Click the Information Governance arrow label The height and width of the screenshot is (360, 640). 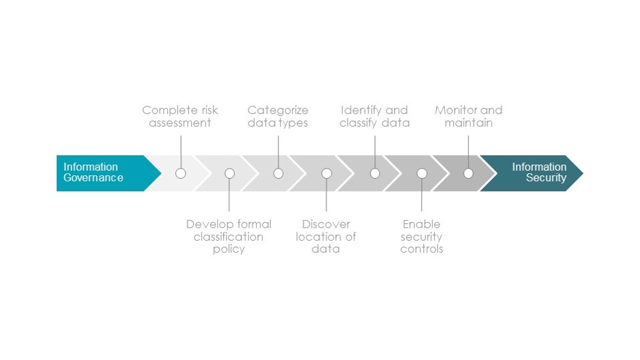pyautogui.click(x=93, y=173)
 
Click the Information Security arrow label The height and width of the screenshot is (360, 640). pyautogui.click(x=539, y=173)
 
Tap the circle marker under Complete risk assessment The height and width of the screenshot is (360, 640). pyautogui.click(x=181, y=173)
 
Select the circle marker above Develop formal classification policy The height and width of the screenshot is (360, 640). pyautogui.click(x=230, y=173)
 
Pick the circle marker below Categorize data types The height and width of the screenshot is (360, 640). pyautogui.click(x=278, y=173)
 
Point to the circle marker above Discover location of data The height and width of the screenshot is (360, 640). pyautogui.click(x=326, y=173)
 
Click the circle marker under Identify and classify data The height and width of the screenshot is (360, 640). pyautogui.click(x=375, y=173)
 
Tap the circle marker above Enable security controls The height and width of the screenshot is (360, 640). pyautogui.click(x=422, y=173)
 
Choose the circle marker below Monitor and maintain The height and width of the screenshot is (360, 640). pyautogui.click(x=468, y=173)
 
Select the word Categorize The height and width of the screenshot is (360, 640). pyautogui.click(x=278, y=110)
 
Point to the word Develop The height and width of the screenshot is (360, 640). pyautogui.click(x=205, y=224)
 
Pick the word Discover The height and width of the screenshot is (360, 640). pyautogui.click(x=326, y=224)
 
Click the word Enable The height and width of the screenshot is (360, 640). pyautogui.click(x=421, y=224)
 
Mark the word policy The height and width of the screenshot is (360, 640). pyautogui.click(x=229, y=250)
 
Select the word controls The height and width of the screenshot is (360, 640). pyautogui.click(x=421, y=249)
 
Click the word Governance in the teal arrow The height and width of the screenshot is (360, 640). pyautogui.click(x=93, y=178)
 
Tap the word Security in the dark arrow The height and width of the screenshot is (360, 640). pyautogui.click(x=546, y=178)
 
